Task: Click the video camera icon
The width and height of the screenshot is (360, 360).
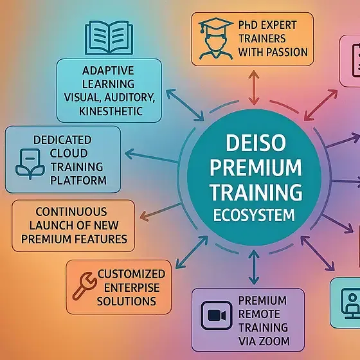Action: click(212, 316)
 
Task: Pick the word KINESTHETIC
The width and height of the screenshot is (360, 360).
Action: click(109, 112)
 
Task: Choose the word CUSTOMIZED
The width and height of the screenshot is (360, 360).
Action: click(135, 273)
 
